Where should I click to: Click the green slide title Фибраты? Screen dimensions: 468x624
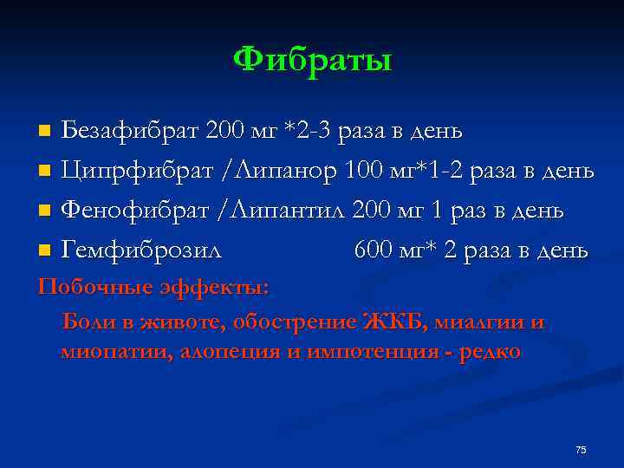click(312, 61)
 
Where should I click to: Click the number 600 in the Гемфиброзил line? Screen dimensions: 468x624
click(375, 251)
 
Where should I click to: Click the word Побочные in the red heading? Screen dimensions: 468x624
click(85, 287)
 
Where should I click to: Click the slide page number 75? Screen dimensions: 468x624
click(581, 450)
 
